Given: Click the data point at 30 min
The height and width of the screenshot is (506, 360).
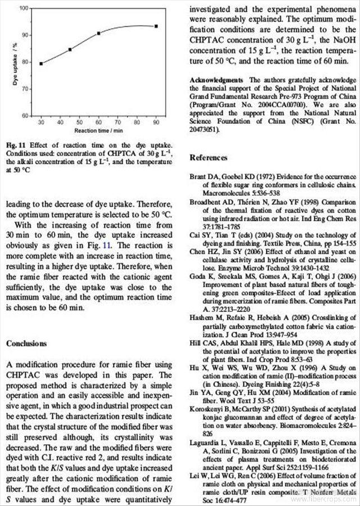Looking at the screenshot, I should click(41, 64).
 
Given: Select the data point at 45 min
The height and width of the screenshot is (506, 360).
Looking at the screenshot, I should click(70, 49).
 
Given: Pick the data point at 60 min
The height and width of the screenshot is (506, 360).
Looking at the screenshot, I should click(98, 33).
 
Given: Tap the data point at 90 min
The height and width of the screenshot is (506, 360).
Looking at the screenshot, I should click(156, 26).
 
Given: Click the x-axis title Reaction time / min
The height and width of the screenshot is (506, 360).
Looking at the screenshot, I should click(98, 130).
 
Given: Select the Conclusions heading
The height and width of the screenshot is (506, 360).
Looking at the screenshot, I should click(26, 344).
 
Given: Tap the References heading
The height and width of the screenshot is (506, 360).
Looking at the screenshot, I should click(208, 157).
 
